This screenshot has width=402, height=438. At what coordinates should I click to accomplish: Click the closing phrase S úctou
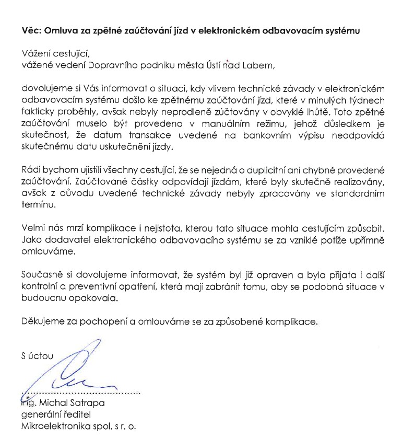pyautogui.click(x=37, y=356)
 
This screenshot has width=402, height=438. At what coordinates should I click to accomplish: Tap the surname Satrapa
pyautogui.click(x=89, y=404)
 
